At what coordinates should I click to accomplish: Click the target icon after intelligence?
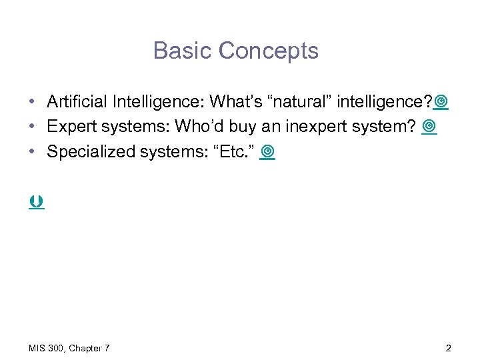click(x=441, y=102)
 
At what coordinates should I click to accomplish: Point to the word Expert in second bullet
click(x=69, y=127)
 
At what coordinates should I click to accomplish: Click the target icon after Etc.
click(x=268, y=153)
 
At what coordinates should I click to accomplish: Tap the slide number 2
click(x=449, y=347)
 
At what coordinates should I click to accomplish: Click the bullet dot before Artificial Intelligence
click(x=32, y=103)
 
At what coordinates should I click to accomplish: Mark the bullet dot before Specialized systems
click(x=32, y=153)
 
